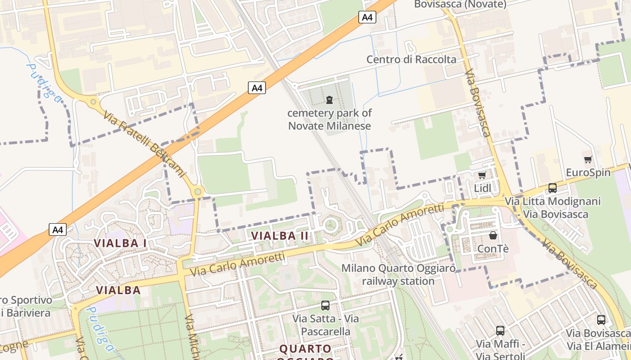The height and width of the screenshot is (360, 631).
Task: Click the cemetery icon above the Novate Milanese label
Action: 329,99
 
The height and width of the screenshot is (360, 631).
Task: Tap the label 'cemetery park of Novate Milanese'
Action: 329,119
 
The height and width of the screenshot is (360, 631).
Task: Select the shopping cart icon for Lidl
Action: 482,175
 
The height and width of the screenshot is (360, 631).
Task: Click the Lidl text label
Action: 483,188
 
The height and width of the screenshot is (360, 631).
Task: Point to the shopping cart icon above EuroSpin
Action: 588,159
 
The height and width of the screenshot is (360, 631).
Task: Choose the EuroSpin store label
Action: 588,172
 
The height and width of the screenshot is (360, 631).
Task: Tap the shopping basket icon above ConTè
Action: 493,235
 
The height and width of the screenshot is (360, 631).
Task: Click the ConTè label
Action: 493,248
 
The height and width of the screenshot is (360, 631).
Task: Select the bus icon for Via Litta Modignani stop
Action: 552,188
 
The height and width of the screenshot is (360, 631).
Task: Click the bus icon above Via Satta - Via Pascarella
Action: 325,306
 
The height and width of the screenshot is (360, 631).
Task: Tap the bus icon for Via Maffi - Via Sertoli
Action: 500,331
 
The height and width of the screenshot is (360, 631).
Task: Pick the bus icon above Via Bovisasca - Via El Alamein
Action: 601,320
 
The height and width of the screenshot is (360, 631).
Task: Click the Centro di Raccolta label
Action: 411,59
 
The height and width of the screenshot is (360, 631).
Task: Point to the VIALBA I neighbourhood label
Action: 120,243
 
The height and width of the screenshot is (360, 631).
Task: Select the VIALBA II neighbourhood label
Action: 280,235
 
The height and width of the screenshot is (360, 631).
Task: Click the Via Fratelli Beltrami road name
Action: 144,144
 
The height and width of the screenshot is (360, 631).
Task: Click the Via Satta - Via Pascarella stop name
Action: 325,325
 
